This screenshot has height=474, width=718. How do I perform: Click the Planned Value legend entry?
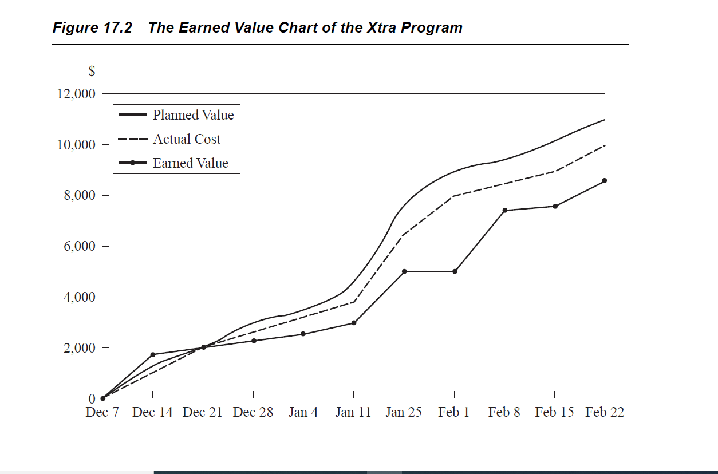(193, 115)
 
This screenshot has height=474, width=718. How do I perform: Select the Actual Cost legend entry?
(187, 139)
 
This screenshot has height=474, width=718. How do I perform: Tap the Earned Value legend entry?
(190, 163)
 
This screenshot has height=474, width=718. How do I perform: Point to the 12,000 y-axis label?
(76, 94)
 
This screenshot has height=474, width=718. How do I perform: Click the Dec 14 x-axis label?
(152, 412)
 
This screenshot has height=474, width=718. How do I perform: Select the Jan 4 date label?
(303, 412)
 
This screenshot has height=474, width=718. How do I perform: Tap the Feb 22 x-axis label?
(605, 412)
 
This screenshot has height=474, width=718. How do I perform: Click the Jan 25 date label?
(404, 412)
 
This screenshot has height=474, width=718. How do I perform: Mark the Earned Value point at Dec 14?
(152, 355)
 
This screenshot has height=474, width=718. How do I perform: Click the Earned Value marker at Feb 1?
(455, 271)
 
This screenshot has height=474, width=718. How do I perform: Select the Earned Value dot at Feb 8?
(504, 210)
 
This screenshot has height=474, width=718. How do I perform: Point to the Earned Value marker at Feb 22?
(605, 180)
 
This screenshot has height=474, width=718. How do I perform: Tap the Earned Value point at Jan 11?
(354, 323)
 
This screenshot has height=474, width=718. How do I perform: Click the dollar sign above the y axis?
(92, 72)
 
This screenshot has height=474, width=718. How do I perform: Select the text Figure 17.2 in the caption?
(92, 27)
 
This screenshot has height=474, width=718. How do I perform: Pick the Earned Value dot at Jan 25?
(404, 271)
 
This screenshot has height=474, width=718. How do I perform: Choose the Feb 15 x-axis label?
(554, 412)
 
